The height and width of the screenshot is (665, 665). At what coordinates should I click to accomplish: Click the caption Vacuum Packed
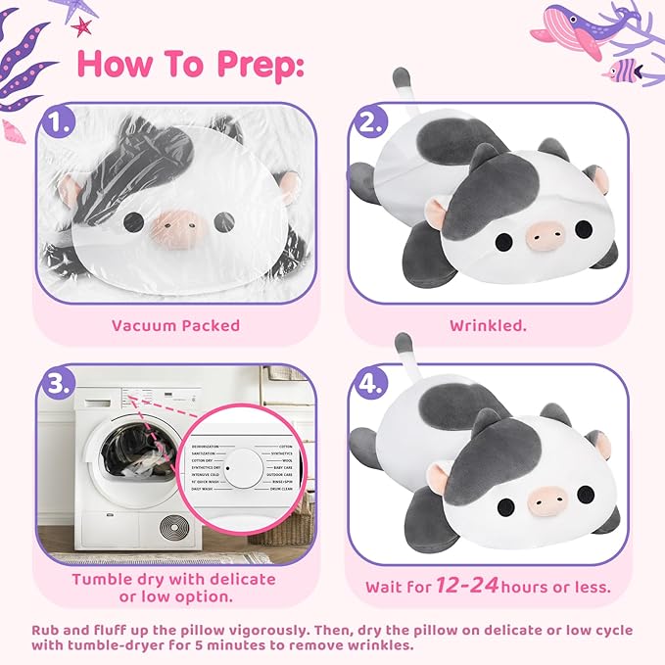[175, 325]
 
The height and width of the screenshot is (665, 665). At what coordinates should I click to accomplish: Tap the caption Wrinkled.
[488, 325]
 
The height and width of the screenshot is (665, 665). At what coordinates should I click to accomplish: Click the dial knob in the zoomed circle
[227, 470]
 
